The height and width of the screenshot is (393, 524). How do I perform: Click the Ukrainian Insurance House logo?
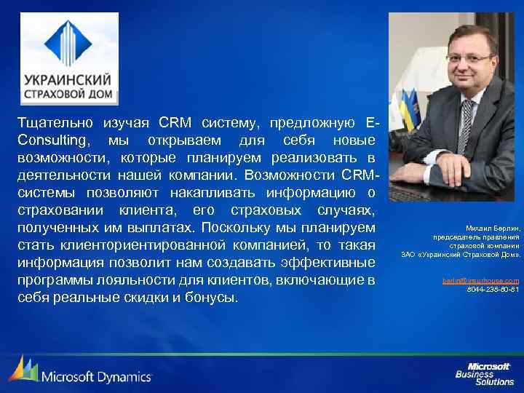[x=69, y=59]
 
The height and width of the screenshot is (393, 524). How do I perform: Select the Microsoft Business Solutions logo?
[x=485, y=373]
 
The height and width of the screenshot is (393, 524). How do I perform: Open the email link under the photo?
[x=481, y=280]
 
